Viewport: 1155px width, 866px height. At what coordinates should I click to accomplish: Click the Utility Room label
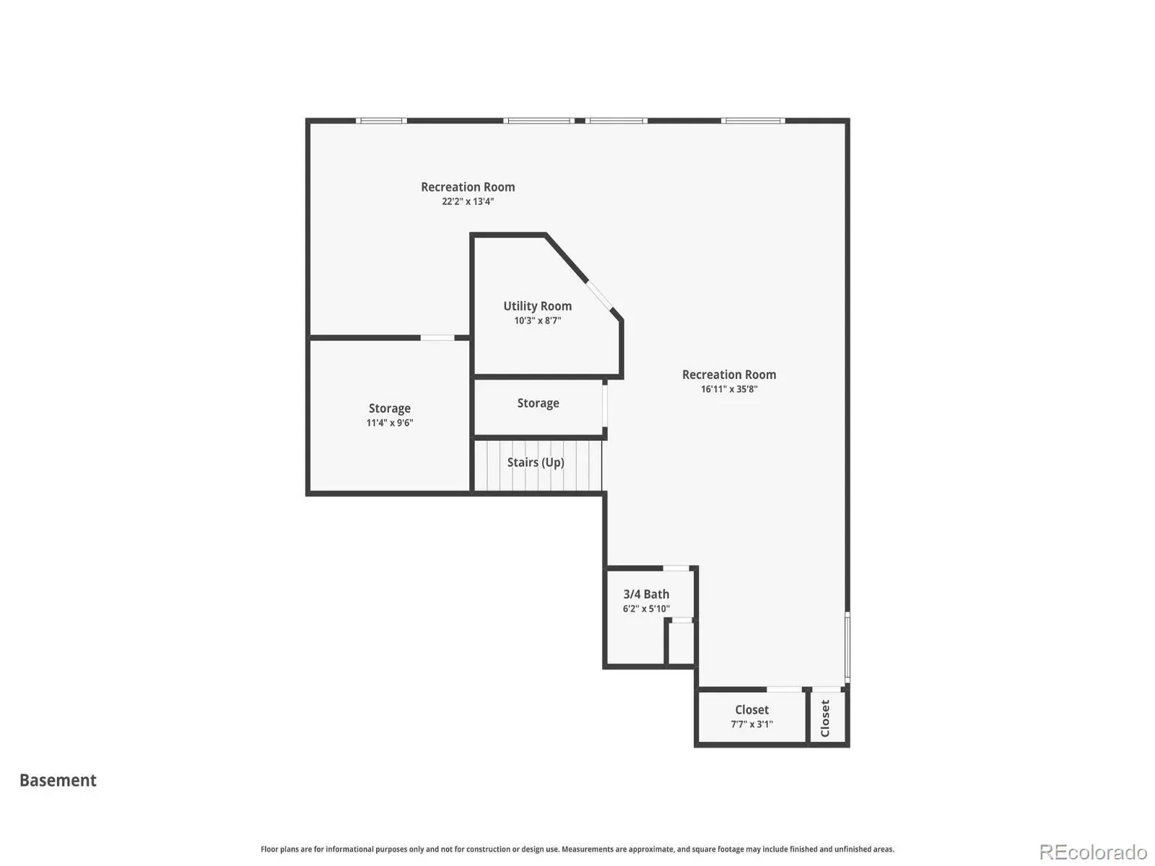[x=537, y=306]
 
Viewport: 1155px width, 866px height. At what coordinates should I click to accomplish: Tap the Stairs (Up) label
[x=536, y=462]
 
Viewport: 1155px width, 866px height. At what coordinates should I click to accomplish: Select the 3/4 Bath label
[x=646, y=594]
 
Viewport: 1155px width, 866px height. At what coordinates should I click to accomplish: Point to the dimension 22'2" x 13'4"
[x=468, y=201]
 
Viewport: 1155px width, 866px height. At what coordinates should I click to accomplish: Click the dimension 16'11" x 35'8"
[x=729, y=389]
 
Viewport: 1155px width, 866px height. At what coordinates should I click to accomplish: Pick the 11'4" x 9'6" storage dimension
[x=389, y=423]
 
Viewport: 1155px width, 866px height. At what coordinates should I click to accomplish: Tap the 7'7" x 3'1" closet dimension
[x=751, y=724]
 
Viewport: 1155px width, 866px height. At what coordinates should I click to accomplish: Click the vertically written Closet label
[x=824, y=718]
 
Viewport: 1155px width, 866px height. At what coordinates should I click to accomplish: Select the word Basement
[x=58, y=780]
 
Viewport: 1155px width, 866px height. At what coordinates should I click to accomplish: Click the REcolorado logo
[x=1094, y=852]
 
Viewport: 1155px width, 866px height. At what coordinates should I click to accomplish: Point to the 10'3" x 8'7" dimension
[x=537, y=320]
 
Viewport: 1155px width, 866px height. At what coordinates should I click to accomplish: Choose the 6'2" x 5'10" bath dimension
[x=646, y=609]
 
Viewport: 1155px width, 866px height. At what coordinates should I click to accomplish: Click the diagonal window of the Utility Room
[x=600, y=295]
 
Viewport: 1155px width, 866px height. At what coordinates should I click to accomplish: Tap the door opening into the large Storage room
[x=437, y=338]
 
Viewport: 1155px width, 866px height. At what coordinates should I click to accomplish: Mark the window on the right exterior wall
[x=847, y=647]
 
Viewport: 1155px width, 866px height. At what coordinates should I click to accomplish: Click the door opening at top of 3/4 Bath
[x=676, y=569]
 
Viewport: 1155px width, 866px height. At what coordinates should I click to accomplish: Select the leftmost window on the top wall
[x=381, y=121]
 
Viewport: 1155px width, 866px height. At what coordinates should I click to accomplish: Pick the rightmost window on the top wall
[x=753, y=121]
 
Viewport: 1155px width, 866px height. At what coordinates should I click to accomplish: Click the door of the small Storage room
[x=605, y=406]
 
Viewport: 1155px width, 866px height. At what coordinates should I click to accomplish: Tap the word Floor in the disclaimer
[x=269, y=849]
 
